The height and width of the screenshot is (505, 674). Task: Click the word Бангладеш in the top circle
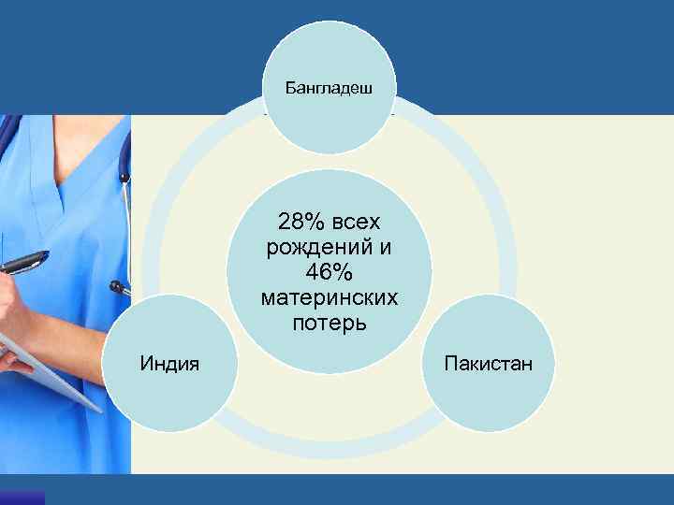(330, 90)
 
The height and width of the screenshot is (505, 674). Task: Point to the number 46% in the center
(329, 272)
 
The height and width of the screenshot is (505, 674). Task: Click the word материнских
(329, 297)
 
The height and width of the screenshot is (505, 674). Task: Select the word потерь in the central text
(329, 323)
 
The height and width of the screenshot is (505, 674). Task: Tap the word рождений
(319, 248)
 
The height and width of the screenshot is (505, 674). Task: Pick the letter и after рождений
(385, 248)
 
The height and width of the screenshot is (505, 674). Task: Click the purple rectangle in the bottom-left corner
(22, 498)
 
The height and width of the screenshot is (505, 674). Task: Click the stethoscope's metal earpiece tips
(120, 286)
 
